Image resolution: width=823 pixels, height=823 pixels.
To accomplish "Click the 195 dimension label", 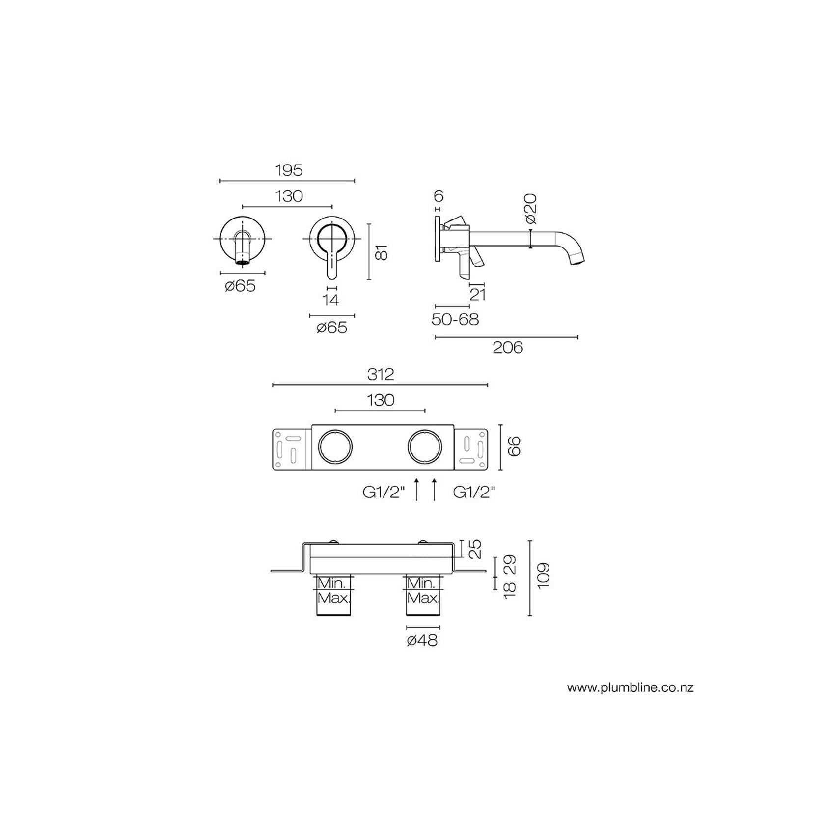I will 288,170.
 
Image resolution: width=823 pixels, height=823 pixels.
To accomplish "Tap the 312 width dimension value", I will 381,375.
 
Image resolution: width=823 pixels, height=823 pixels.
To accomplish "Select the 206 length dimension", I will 508,348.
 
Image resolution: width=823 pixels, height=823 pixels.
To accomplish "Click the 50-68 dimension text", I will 455,320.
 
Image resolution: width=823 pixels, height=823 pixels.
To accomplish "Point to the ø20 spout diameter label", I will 530,210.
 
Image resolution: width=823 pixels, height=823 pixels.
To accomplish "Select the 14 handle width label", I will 331,300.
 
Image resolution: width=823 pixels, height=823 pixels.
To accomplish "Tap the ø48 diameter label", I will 422,640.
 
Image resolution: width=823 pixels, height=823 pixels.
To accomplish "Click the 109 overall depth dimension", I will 543,576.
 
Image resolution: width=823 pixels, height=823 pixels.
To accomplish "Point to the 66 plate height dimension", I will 514,446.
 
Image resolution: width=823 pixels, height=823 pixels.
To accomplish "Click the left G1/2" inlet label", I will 384,493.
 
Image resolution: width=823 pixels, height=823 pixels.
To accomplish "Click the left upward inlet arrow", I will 416,489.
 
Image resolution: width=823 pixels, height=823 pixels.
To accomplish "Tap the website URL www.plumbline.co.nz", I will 630,687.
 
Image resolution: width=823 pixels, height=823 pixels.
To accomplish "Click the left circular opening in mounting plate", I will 335,447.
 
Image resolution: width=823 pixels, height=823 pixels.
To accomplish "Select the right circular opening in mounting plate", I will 425,447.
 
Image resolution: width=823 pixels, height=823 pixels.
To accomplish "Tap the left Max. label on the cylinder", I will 334,599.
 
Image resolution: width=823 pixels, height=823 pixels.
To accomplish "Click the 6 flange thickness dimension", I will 439,196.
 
